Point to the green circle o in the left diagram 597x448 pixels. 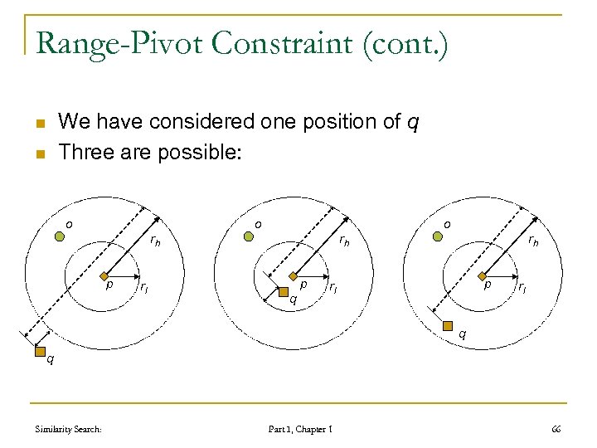60,236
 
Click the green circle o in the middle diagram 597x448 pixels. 248,236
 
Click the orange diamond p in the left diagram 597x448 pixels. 100,275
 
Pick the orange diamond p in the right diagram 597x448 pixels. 481,275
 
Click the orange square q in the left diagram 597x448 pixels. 39,352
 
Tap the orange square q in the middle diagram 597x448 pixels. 284,291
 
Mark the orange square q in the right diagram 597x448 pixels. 449,325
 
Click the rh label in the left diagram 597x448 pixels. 155,241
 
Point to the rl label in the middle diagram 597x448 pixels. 332,288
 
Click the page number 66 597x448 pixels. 556,428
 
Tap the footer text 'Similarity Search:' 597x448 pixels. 69,429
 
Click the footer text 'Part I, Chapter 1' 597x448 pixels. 300,429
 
